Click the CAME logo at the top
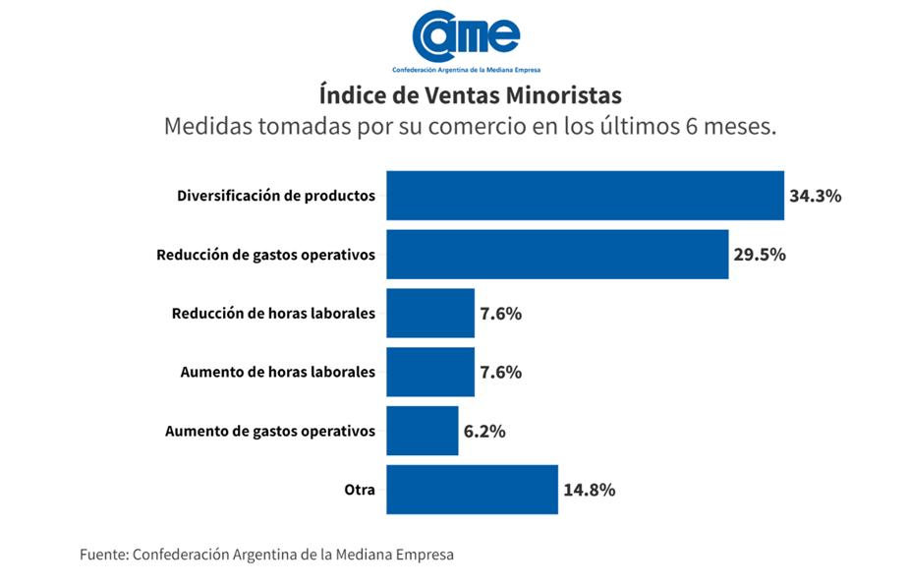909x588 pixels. click(466, 36)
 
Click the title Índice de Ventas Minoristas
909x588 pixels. click(471, 96)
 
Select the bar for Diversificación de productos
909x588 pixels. click(585, 196)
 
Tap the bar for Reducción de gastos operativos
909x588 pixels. click(557, 255)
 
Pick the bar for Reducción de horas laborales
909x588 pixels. click(430, 314)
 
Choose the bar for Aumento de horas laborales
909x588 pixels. click(430, 373)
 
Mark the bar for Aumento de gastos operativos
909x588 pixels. click(423, 431)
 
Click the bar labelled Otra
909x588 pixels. click(472, 490)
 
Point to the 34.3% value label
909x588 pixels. click(815, 196)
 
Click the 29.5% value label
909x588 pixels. click(760, 255)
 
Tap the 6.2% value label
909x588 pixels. click(484, 431)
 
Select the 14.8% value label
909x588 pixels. click(589, 490)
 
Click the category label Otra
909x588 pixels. click(360, 490)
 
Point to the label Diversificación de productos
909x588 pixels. click(276, 196)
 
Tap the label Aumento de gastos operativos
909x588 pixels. click(270, 431)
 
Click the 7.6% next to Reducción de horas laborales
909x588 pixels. click(500, 314)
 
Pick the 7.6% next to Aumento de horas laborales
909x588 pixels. click(500, 373)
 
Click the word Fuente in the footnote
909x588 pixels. click(103, 555)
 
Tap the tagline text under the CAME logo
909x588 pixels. click(466, 70)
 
